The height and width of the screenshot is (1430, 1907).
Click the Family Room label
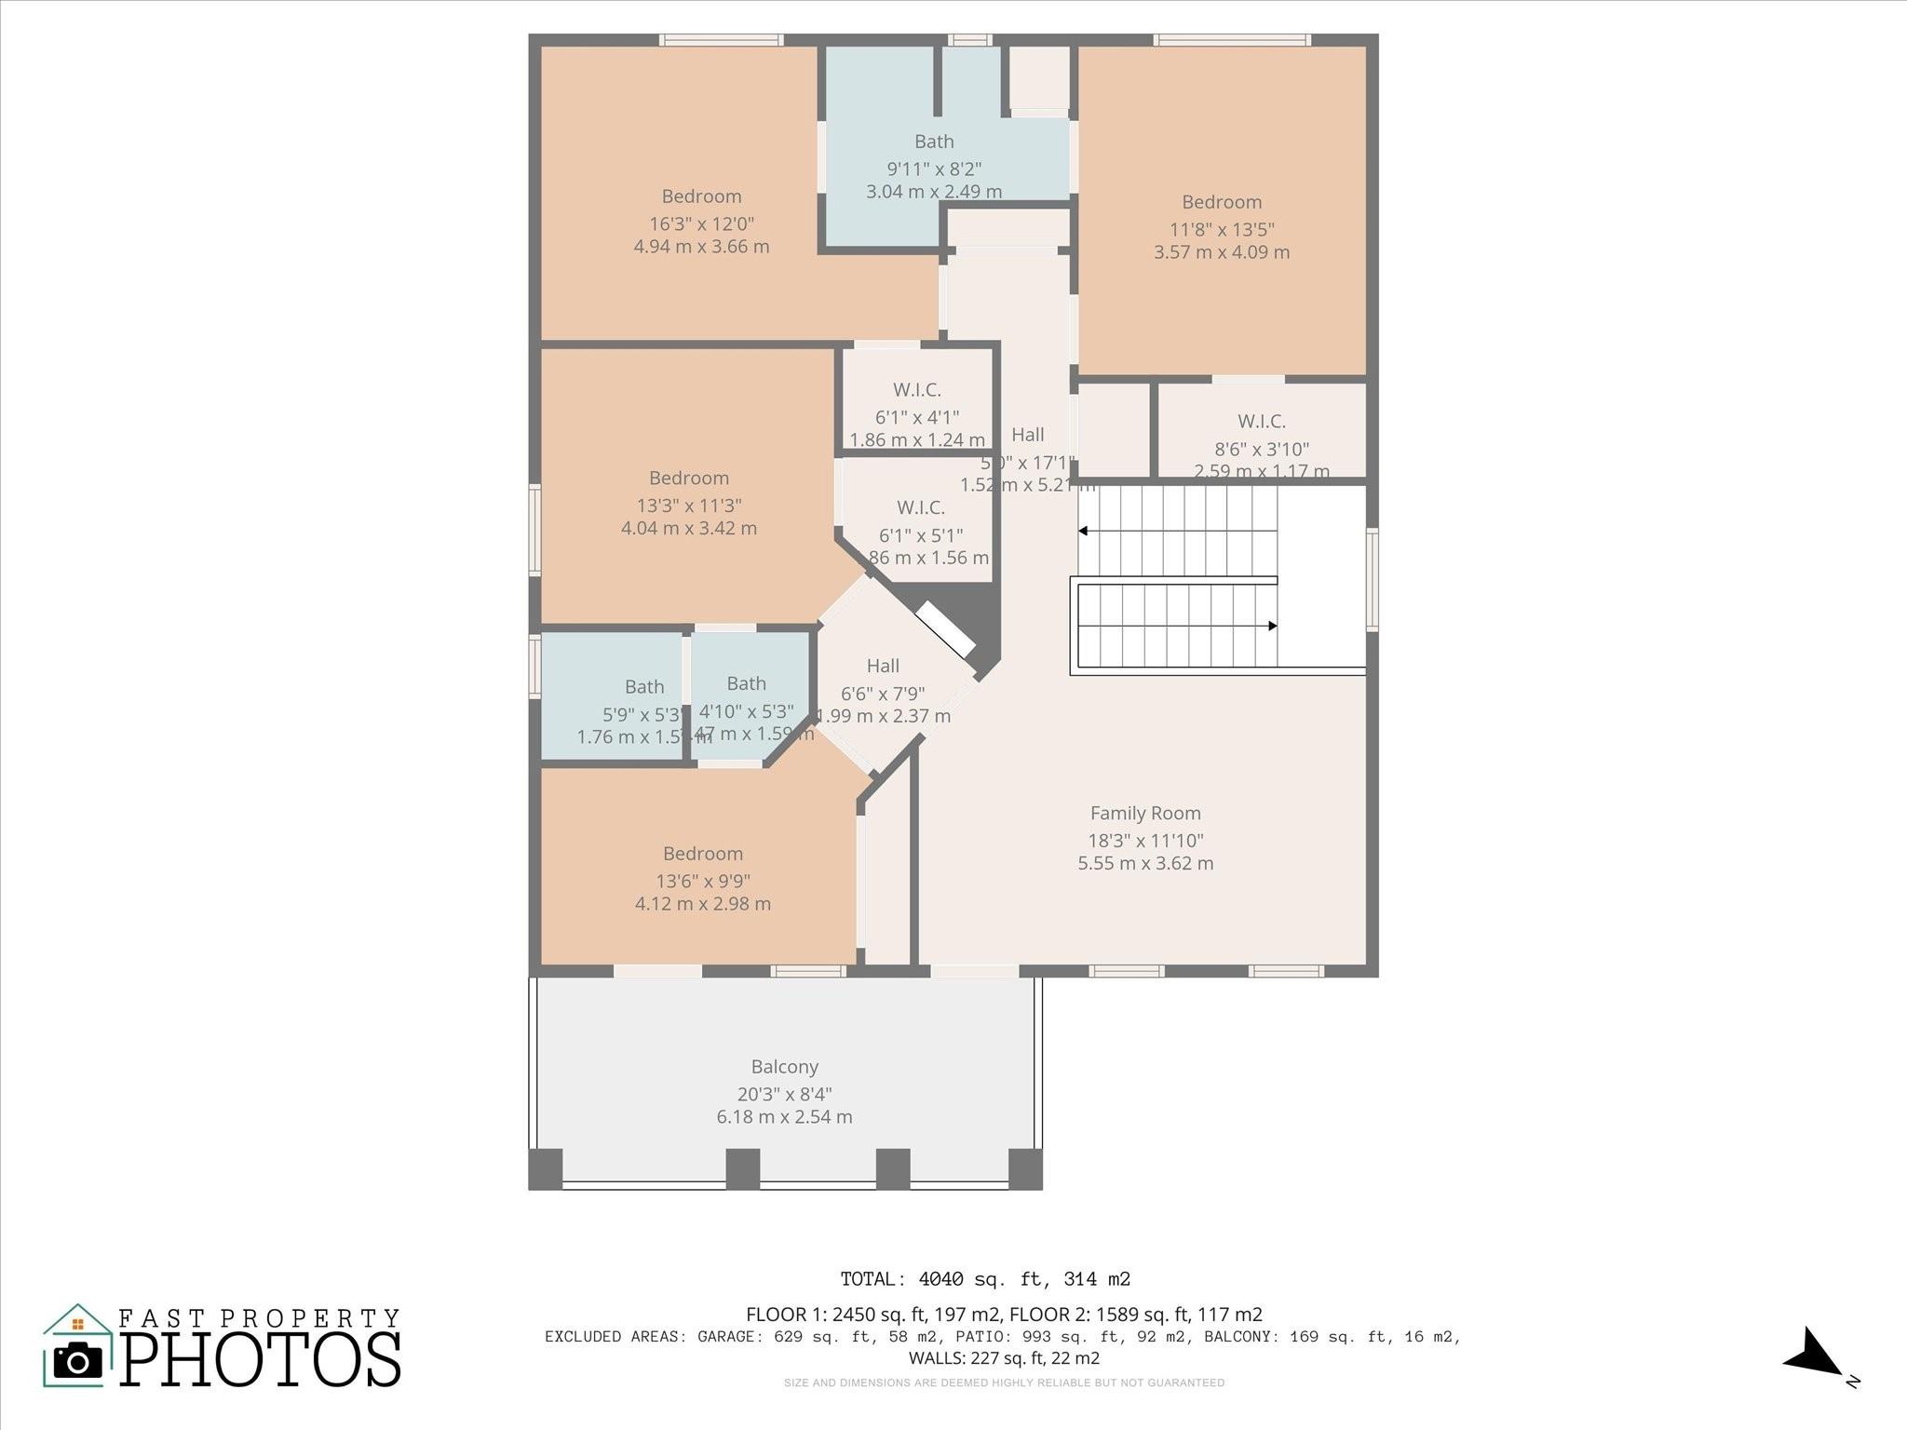tap(1145, 813)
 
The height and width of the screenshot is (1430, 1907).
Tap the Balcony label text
tap(784, 1067)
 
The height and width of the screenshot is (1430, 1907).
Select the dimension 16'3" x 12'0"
tap(701, 223)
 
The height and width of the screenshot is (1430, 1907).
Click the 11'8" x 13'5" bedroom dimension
tap(1222, 229)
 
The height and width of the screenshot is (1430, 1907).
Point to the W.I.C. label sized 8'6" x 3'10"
tap(1261, 422)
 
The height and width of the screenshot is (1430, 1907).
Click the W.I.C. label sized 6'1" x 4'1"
tap(916, 390)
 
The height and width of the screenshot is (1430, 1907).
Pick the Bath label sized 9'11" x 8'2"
tap(934, 142)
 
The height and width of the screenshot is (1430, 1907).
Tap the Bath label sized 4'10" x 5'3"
tap(746, 683)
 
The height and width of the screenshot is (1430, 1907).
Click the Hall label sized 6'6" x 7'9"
tap(883, 666)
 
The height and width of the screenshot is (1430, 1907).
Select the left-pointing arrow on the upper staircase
tap(1084, 531)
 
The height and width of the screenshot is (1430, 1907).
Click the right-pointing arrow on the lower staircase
tap(1271, 626)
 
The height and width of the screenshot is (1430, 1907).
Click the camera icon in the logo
tap(78, 1361)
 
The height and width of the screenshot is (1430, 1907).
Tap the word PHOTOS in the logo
tap(261, 1360)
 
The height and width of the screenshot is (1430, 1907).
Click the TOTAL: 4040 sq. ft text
tap(985, 1279)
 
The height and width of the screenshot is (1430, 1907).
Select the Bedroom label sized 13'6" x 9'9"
tap(702, 854)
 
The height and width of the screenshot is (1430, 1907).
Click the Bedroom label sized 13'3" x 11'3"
tap(688, 478)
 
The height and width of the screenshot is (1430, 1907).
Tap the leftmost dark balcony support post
tap(546, 1168)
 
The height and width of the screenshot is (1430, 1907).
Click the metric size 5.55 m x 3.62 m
tap(1145, 863)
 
